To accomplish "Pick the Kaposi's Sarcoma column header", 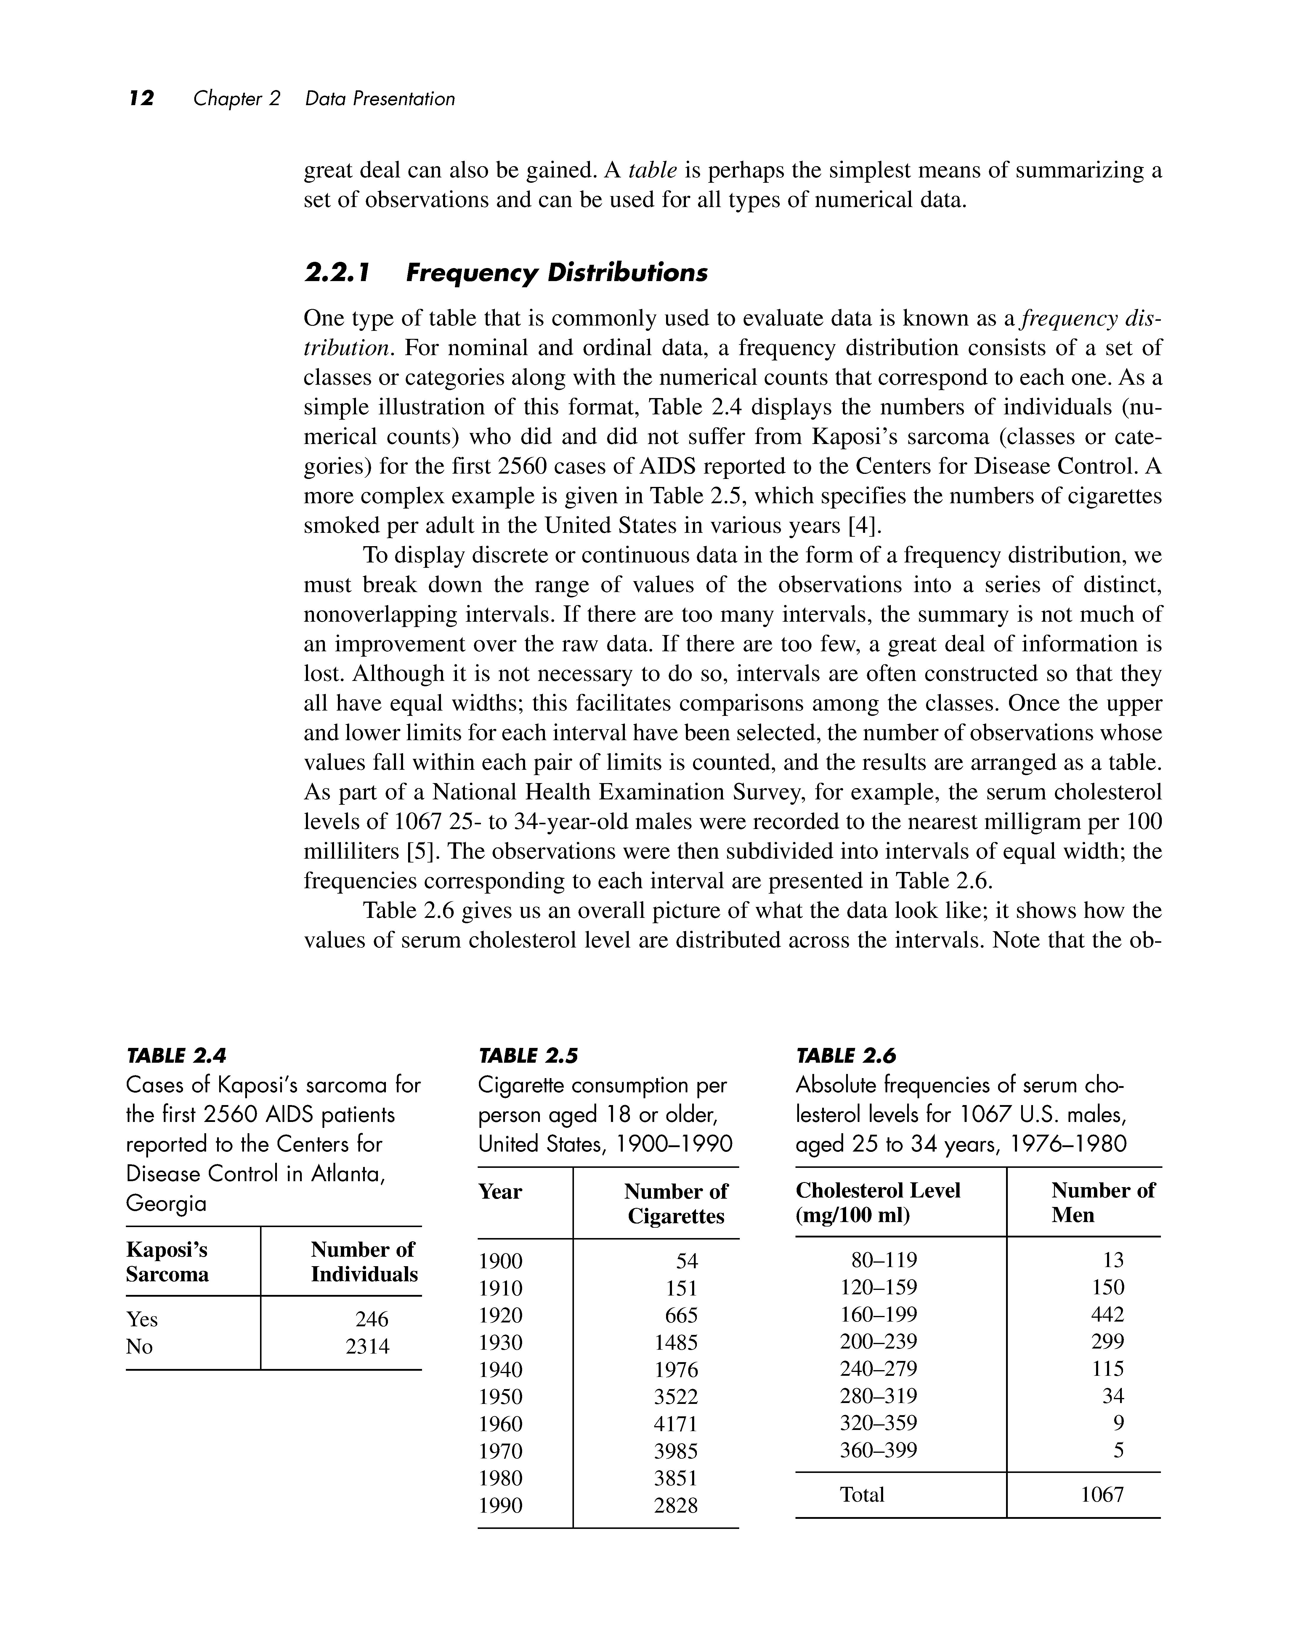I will (x=167, y=1262).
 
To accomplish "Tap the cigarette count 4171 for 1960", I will (x=676, y=1424).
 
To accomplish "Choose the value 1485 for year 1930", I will (x=676, y=1342).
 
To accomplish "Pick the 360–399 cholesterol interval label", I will (x=878, y=1450).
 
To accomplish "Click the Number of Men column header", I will (x=1102, y=1203).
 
